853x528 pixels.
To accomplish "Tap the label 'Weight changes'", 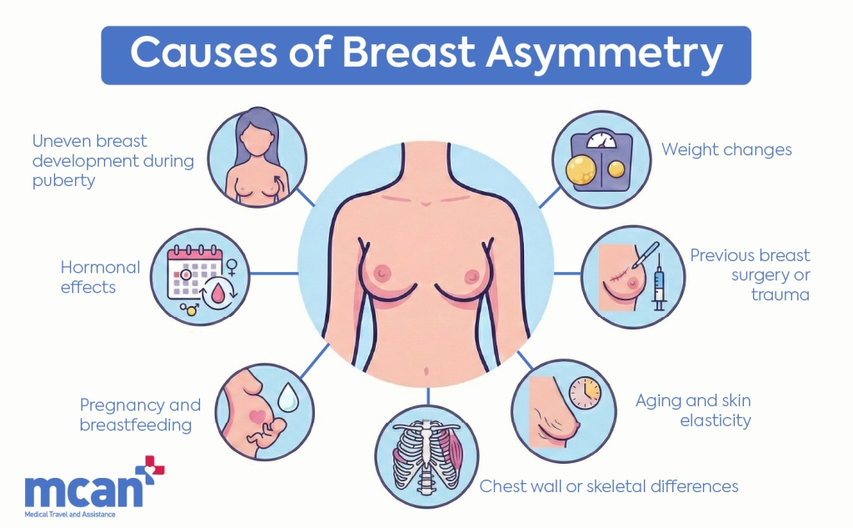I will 726,150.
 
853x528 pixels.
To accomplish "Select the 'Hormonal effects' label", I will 100,278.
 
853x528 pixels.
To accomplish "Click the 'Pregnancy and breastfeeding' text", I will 140,415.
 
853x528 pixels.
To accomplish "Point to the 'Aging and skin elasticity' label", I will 693,410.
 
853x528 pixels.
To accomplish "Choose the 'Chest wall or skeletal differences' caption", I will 609,485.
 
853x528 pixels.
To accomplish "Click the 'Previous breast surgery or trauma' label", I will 750,275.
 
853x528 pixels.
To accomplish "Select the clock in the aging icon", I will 585,392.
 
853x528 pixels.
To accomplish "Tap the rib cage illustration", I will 426,455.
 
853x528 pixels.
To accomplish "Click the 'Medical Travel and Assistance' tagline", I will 70,514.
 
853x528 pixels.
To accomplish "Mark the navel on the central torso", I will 426,371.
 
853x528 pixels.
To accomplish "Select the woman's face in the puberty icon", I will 255,133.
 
